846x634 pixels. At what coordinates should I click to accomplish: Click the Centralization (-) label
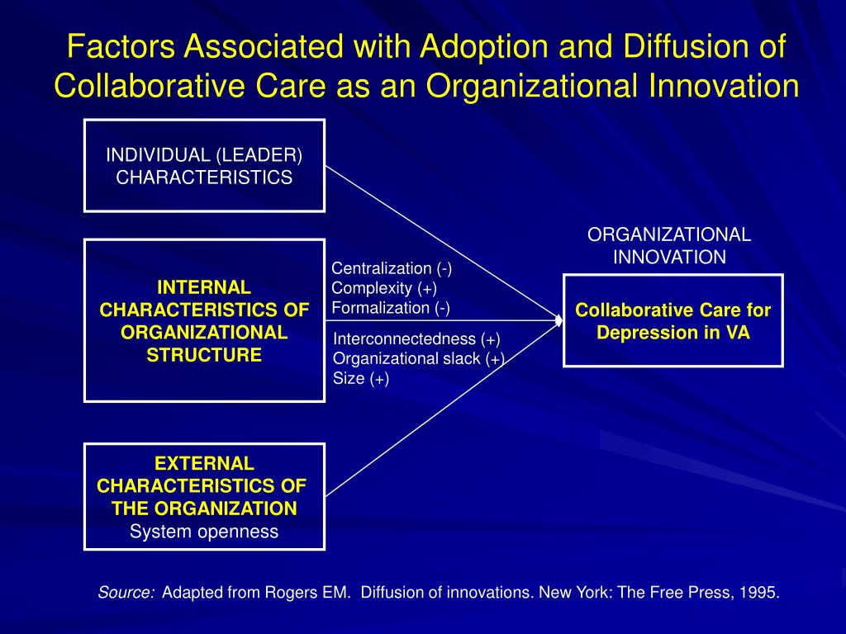pyautogui.click(x=392, y=268)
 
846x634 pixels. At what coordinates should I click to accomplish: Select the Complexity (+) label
pyautogui.click(x=384, y=288)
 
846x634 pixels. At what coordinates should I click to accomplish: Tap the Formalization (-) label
pyautogui.click(x=391, y=308)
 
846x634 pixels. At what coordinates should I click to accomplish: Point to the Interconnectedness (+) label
pyautogui.click(x=416, y=339)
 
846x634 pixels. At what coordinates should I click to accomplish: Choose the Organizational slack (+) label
pyautogui.click(x=419, y=358)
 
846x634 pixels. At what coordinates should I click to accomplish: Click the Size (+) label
pyautogui.click(x=361, y=378)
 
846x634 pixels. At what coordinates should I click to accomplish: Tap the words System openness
pyautogui.click(x=204, y=532)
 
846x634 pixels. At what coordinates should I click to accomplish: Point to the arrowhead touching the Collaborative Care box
pyautogui.click(x=559, y=321)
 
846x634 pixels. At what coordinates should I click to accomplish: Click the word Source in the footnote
pyautogui.click(x=126, y=593)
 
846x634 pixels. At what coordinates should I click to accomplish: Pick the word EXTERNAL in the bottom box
pyautogui.click(x=205, y=464)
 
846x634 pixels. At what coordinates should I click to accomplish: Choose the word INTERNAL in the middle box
pyautogui.click(x=204, y=287)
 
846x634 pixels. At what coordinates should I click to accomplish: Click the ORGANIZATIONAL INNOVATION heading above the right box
pyautogui.click(x=669, y=246)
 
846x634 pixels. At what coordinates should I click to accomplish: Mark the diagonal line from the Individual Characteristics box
pyautogui.click(x=442, y=243)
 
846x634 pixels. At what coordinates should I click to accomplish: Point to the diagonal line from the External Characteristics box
pyautogui.click(x=442, y=409)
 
